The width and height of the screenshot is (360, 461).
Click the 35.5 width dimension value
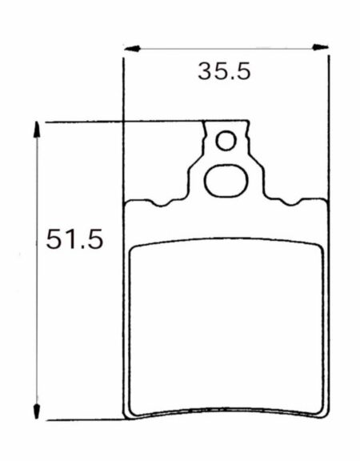point(224,71)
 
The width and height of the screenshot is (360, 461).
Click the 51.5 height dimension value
point(74,239)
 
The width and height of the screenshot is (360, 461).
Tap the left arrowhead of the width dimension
point(132,49)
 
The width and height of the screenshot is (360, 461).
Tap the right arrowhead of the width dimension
point(320,47)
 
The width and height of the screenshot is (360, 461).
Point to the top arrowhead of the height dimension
point(37,130)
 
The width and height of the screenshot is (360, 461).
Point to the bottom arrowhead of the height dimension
point(37,411)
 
